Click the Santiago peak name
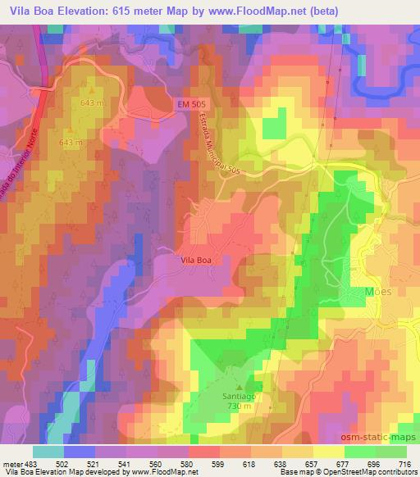240,396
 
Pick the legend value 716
404,463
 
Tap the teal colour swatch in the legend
48,452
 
